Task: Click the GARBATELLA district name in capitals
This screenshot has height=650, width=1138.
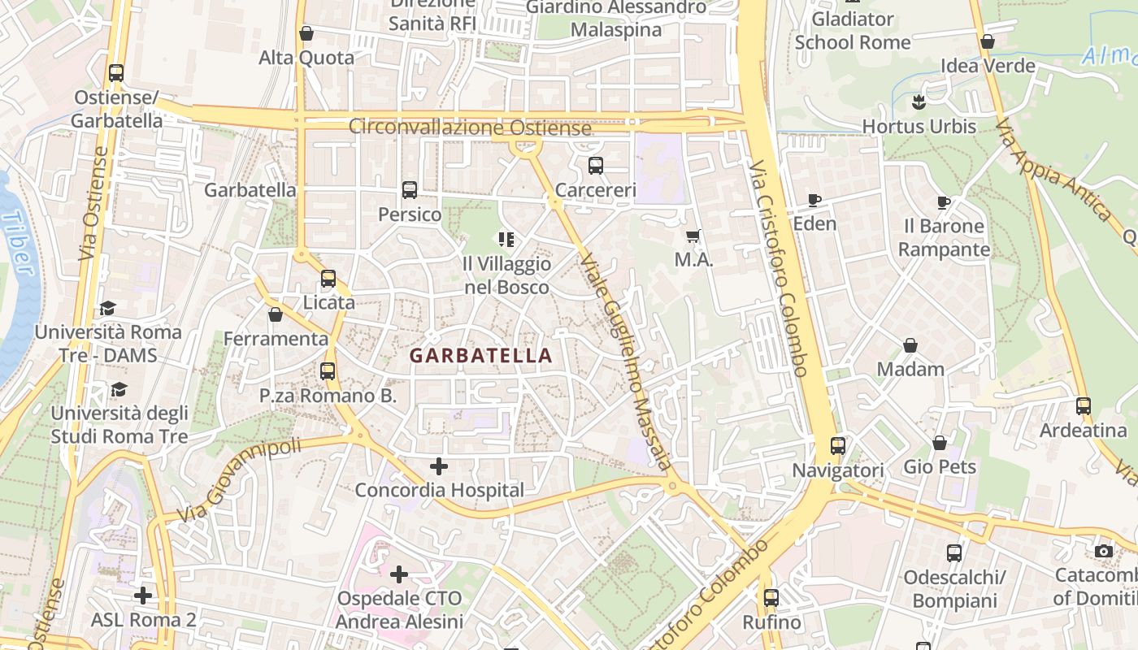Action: click(x=480, y=355)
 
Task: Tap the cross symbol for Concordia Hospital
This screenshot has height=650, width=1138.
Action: click(x=439, y=466)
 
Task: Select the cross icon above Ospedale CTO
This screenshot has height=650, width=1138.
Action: click(x=399, y=574)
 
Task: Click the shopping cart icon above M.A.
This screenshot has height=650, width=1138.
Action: click(x=693, y=236)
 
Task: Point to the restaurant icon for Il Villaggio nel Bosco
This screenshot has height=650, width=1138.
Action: click(x=506, y=240)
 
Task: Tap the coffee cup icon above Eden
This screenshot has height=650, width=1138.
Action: click(x=814, y=200)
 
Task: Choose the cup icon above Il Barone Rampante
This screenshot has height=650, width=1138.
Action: click(x=943, y=202)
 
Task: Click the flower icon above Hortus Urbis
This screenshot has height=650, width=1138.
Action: click(x=919, y=102)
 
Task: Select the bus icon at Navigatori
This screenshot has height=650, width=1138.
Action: click(x=838, y=446)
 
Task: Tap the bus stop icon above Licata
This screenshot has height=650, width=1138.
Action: click(x=328, y=279)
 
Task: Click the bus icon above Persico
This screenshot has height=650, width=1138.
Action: click(x=410, y=190)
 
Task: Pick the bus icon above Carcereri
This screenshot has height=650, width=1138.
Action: click(x=596, y=166)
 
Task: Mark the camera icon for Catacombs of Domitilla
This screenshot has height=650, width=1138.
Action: click(x=1103, y=552)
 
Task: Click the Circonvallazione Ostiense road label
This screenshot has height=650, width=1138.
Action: click(x=470, y=128)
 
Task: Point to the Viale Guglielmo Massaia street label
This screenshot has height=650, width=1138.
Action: click(x=625, y=362)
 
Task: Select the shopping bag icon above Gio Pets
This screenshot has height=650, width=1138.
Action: click(x=940, y=443)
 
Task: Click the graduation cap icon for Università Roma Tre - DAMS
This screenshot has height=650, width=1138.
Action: click(x=107, y=308)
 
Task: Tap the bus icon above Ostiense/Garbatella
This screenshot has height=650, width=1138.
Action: click(x=116, y=73)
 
